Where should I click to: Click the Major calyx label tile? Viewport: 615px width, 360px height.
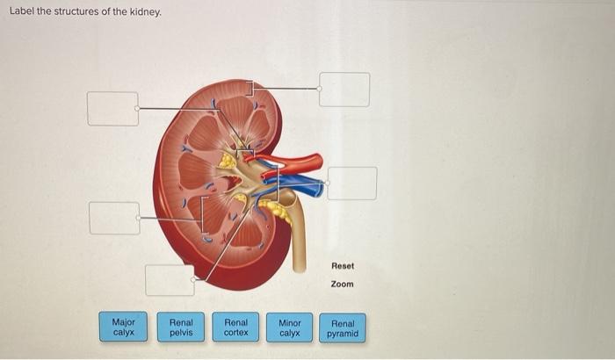[x=124, y=328]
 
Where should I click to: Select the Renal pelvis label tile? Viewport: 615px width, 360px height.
[x=181, y=328]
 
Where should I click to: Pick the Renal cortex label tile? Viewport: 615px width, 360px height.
[x=235, y=328]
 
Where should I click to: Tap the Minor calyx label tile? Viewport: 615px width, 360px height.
[x=290, y=328]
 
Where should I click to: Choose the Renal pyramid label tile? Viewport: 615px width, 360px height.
[x=344, y=328]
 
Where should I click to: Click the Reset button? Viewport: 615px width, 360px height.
[x=343, y=265]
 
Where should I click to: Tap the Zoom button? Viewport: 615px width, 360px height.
[x=343, y=284]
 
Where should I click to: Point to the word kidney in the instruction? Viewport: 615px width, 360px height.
[x=145, y=11]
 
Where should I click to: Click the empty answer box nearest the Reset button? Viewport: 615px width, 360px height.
[x=352, y=184]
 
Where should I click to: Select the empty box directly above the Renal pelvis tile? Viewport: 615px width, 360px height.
[x=170, y=280]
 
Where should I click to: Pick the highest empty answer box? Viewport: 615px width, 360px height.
[x=344, y=90]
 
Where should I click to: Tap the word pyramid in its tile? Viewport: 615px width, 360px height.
[x=344, y=334]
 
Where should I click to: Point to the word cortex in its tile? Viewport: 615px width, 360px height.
[x=235, y=334]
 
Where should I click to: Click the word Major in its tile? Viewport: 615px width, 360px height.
[x=124, y=322]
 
